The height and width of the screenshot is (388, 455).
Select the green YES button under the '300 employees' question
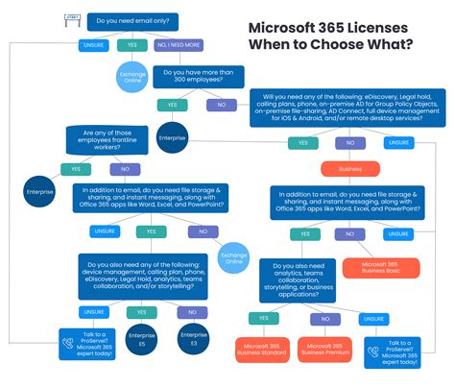(172, 104)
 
